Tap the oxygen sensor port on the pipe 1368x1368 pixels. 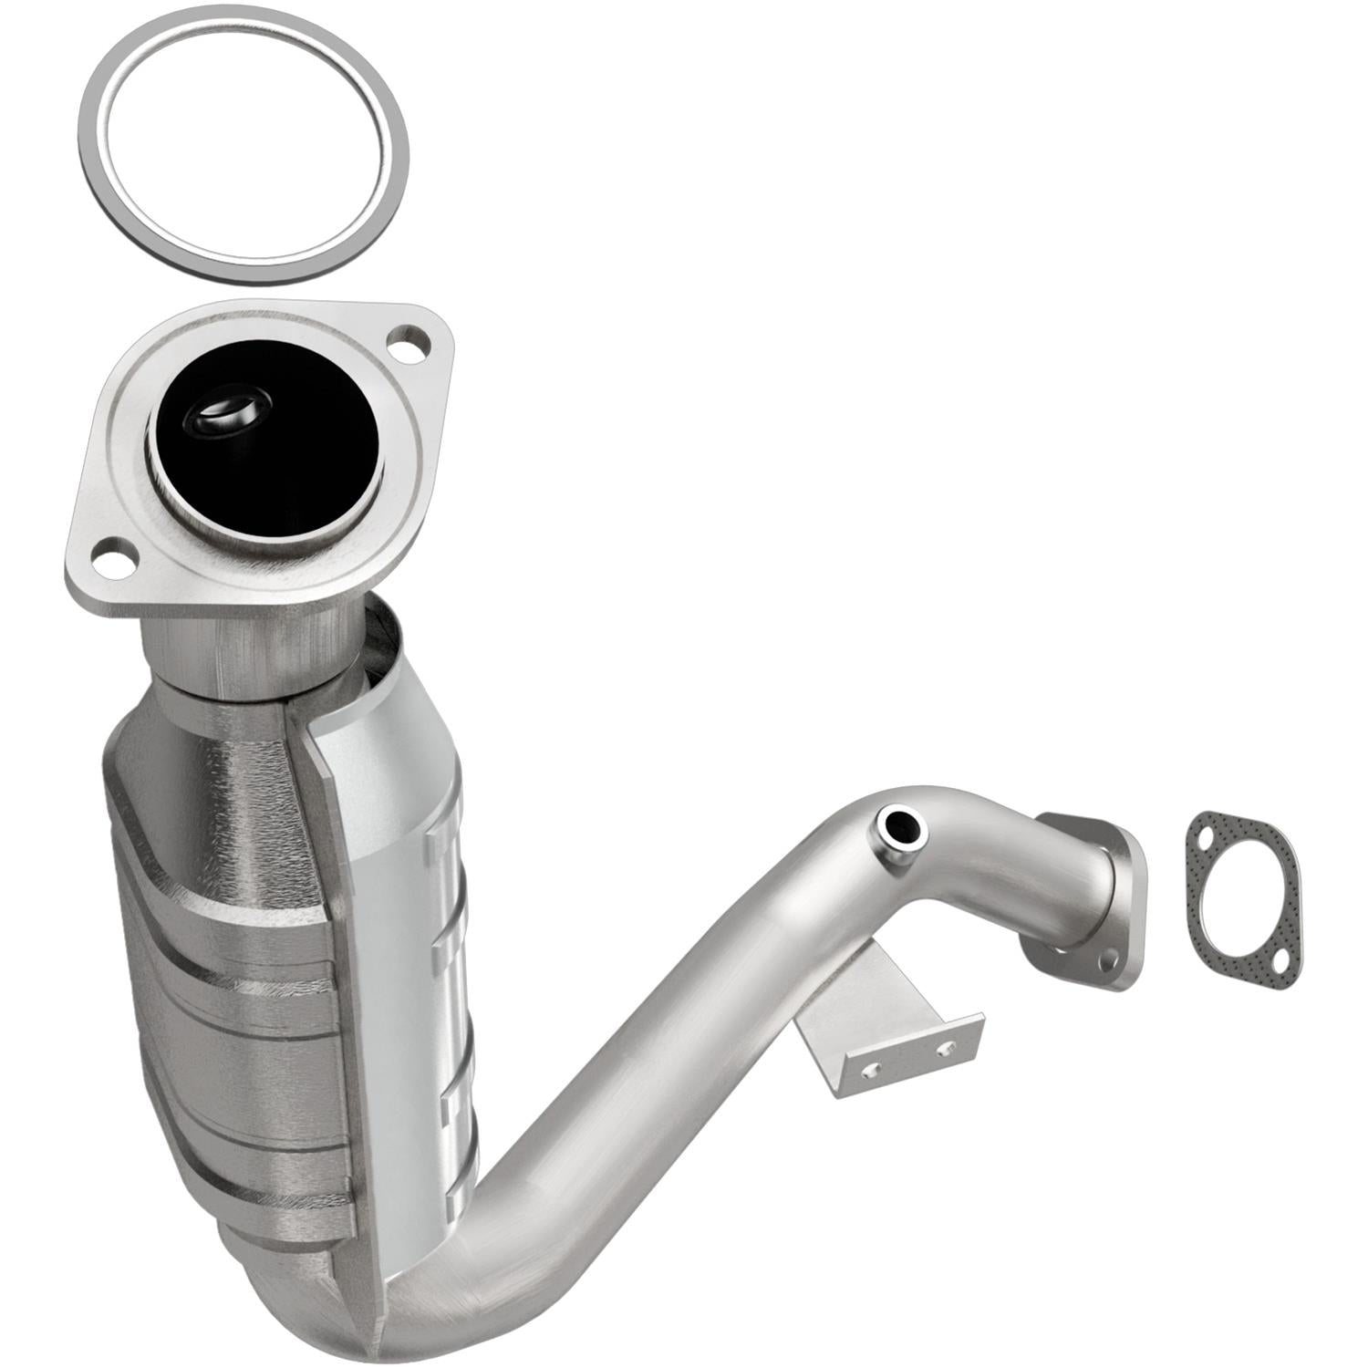pos(902,827)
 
